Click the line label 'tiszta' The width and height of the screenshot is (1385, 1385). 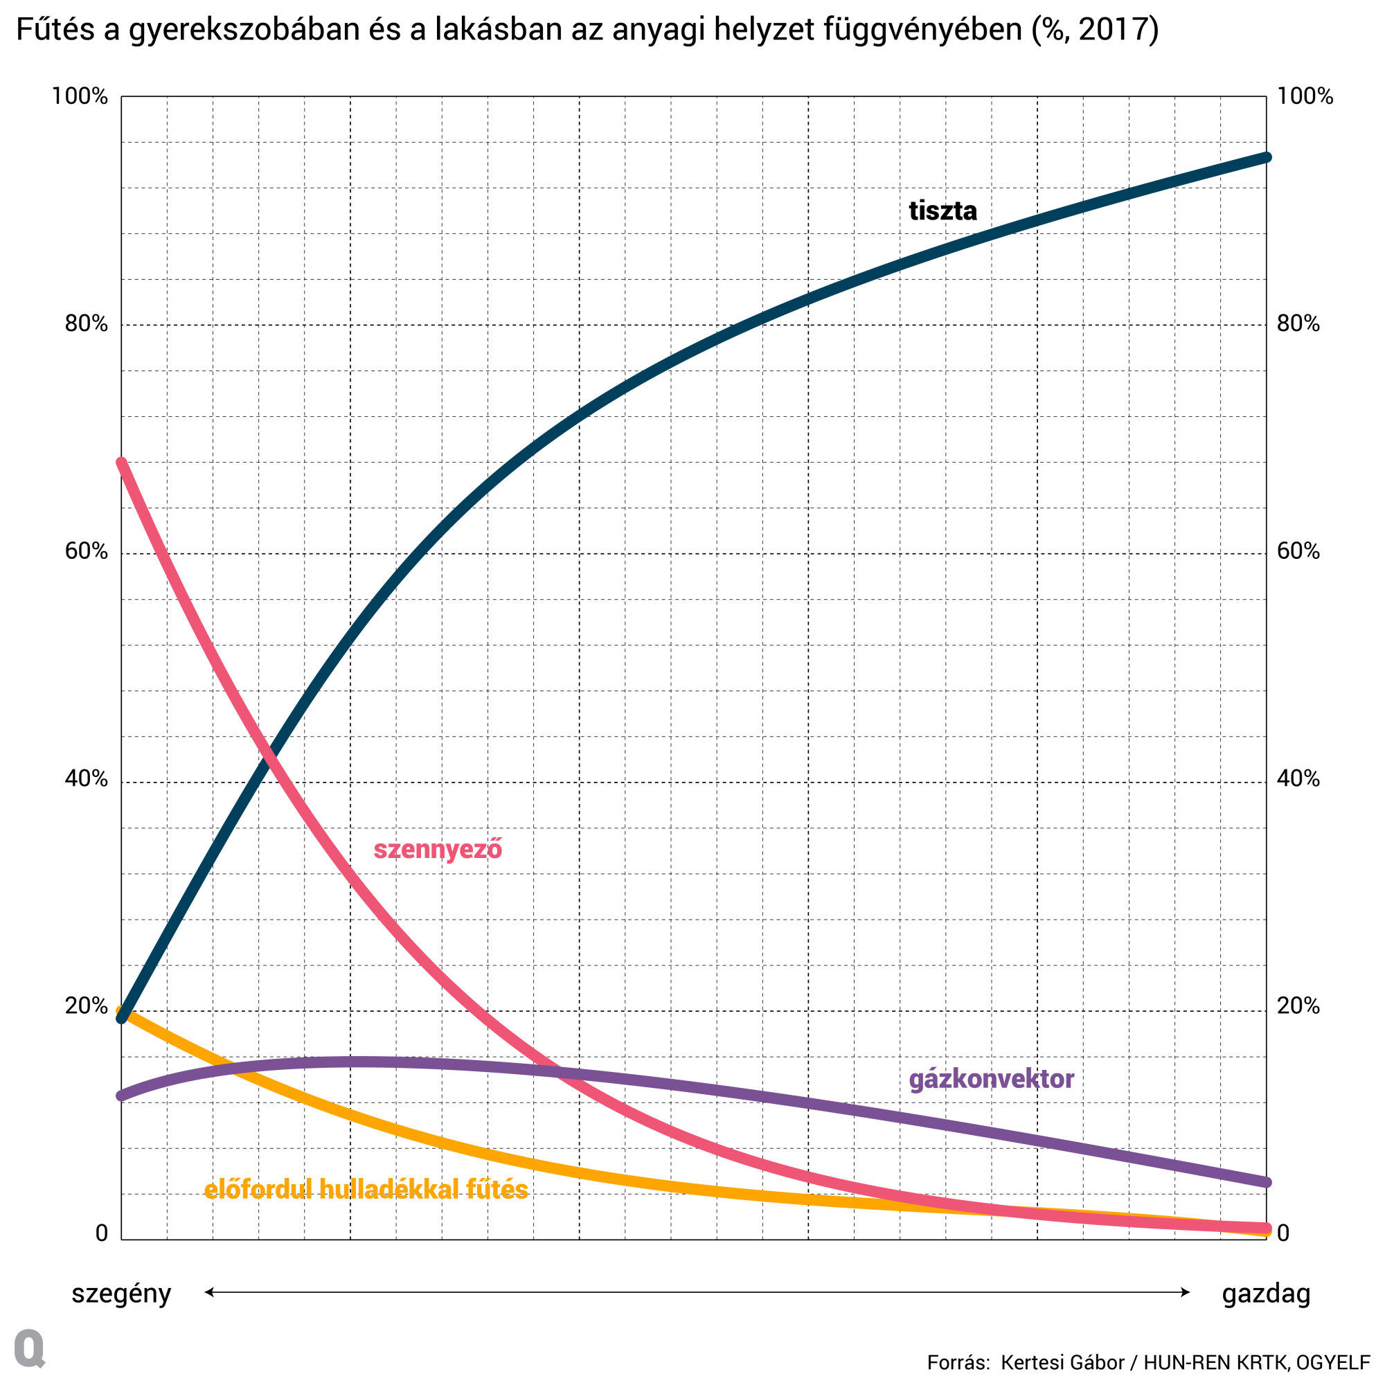(942, 211)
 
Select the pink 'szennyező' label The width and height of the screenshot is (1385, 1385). (437, 850)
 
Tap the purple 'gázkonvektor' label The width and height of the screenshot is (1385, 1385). (991, 1079)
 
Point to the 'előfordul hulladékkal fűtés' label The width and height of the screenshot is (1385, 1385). (366, 1189)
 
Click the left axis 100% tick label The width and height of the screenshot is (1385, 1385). (80, 96)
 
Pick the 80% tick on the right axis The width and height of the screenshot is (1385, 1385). (1298, 324)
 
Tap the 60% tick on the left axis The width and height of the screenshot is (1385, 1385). (86, 551)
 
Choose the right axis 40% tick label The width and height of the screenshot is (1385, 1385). (1298, 778)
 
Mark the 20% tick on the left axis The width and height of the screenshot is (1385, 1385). (86, 1006)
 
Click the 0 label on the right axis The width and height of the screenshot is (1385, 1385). (1283, 1233)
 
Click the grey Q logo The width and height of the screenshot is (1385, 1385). (29, 1348)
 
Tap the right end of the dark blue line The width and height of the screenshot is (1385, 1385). (1266, 158)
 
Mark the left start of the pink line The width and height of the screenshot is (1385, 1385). (122, 463)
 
